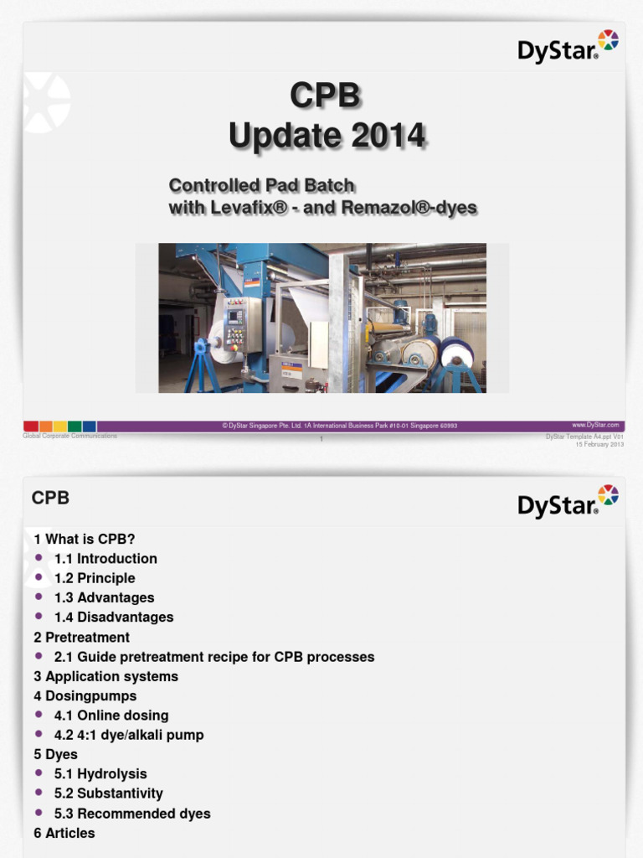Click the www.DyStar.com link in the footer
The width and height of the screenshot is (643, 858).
click(x=595, y=426)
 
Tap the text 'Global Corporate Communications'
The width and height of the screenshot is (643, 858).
click(x=69, y=436)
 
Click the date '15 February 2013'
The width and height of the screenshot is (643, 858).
click(x=599, y=444)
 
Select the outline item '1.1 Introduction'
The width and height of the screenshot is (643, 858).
click(x=105, y=559)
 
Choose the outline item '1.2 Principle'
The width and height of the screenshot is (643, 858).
click(x=95, y=578)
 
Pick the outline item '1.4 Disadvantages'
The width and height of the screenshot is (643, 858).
click(x=114, y=618)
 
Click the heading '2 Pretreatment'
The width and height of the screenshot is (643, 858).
click(x=82, y=637)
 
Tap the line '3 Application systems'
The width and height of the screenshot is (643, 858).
click(x=105, y=676)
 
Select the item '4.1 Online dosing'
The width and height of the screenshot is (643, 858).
click(x=111, y=716)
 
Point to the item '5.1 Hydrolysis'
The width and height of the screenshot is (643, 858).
click(x=100, y=774)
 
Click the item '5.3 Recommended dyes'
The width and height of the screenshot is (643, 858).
click(x=132, y=814)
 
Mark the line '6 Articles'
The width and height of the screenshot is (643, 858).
click(x=64, y=833)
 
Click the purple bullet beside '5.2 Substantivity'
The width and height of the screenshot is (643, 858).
click(x=39, y=793)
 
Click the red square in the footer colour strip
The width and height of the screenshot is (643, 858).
click(x=31, y=426)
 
